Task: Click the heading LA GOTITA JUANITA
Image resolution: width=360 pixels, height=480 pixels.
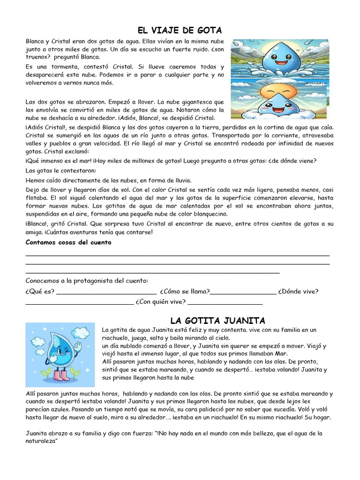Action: pyautogui.click(x=217, y=321)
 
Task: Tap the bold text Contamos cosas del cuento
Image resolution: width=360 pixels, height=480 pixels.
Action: pyautogui.click(x=68, y=242)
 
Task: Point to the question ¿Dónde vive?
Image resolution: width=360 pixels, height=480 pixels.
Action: pyautogui.click(x=298, y=292)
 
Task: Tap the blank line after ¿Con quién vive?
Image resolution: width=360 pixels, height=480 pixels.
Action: pyautogui.click(x=225, y=303)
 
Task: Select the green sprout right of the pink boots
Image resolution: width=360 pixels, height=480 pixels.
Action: pyautogui.click(x=75, y=373)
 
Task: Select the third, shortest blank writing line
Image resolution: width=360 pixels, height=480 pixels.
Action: pyautogui.click(x=152, y=272)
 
